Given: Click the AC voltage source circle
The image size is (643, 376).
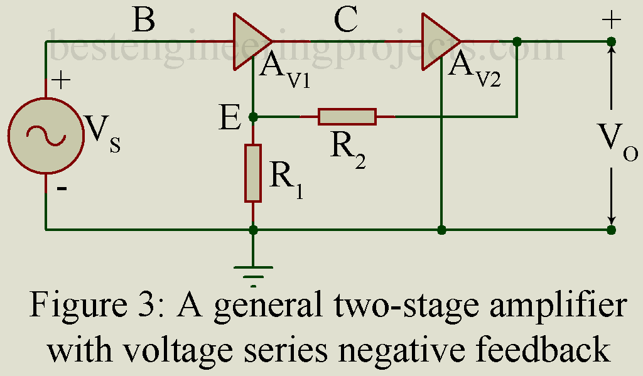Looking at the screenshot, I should click(x=45, y=136).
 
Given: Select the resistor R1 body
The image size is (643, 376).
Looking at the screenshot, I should click(x=253, y=173).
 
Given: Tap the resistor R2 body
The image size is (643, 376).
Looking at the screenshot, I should click(x=347, y=117).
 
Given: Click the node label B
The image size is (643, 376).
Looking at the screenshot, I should click(x=144, y=21).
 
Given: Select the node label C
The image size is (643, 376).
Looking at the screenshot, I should click(x=346, y=21).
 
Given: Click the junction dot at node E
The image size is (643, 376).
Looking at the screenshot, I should click(x=253, y=117).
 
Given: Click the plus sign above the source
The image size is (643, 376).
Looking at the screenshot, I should click(x=60, y=80).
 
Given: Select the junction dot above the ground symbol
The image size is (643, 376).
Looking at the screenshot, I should click(x=253, y=230).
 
